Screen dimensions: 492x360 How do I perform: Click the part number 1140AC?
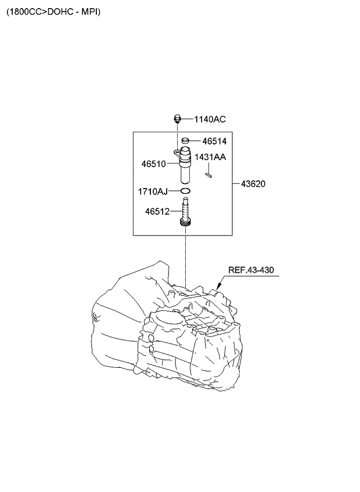pos(210,120)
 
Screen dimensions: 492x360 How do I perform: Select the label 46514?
pos(214,141)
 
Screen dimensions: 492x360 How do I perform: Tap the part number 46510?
pos(154,164)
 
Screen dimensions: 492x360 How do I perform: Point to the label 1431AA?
pos(210,157)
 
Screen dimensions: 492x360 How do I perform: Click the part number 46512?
pos(157,212)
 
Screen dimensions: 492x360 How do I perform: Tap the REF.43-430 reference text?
pos(250,270)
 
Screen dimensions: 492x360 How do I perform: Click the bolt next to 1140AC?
pos(178,120)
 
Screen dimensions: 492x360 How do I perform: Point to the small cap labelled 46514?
pos(186,140)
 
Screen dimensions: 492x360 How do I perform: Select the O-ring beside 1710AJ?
pos(185,191)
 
